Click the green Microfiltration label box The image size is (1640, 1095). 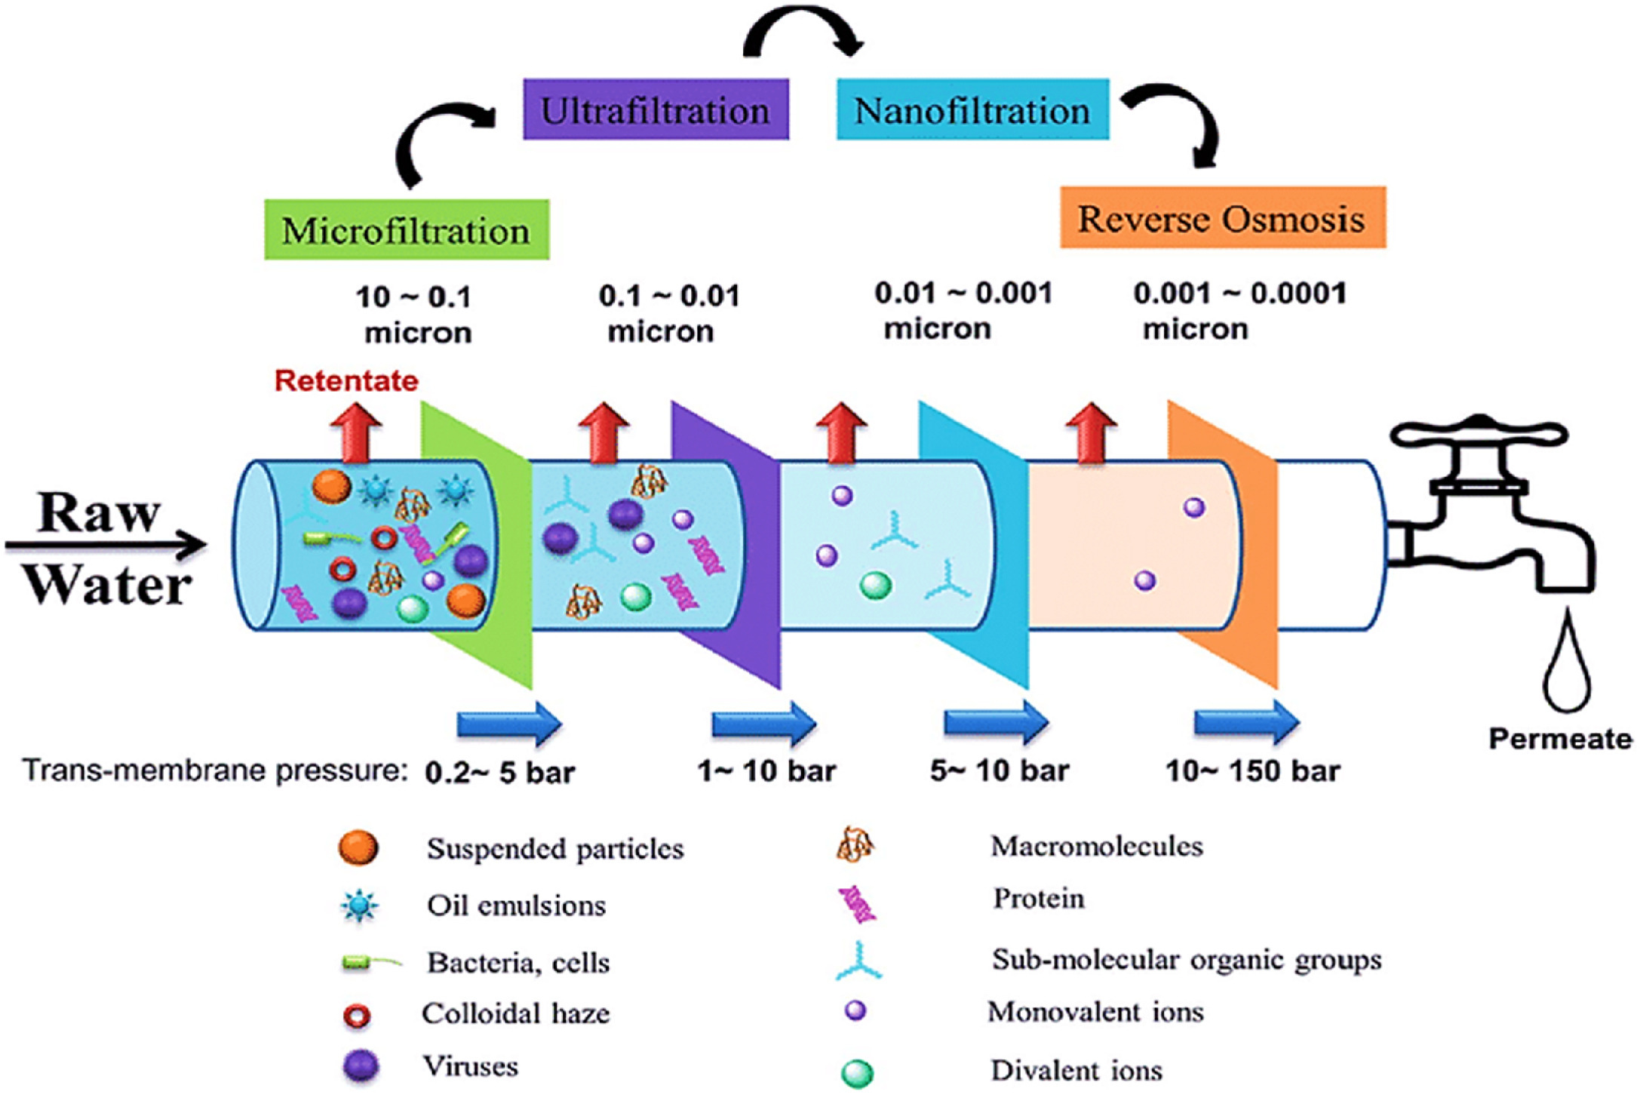[x=407, y=230]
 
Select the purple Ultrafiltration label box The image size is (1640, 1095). [x=656, y=110]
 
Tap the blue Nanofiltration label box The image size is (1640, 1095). [x=972, y=110]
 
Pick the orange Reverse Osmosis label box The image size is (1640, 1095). [x=1222, y=218]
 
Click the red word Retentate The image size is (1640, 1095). [x=346, y=381]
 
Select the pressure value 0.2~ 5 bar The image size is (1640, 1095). [x=500, y=773]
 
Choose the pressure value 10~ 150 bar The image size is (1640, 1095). [x=1253, y=771]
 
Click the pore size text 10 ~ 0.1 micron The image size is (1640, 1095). [x=416, y=314]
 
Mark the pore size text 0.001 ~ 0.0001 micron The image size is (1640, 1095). [x=1239, y=311]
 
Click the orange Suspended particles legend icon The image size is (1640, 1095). [x=358, y=848]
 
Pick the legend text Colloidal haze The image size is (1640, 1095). [x=516, y=1013]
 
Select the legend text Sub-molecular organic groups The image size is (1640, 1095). [x=1187, y=960]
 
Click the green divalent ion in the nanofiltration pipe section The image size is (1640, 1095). [x=875, y=585]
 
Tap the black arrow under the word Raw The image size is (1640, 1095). [x=106, y=544]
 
